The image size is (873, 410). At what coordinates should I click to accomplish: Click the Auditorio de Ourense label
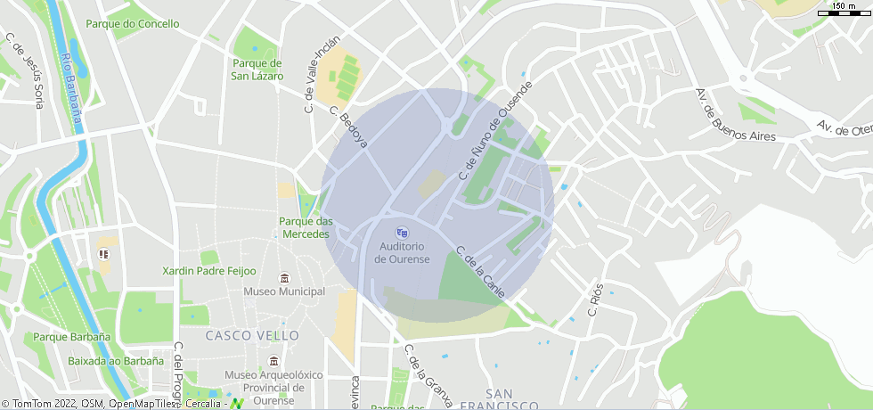402,252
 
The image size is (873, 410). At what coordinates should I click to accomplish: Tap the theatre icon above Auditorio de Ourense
402,233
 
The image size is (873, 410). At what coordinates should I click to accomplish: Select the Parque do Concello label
132,24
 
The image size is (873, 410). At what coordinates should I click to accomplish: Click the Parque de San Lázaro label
257,70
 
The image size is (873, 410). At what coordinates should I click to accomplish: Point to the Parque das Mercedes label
306,227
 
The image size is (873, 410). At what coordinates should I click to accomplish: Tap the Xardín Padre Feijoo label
208,271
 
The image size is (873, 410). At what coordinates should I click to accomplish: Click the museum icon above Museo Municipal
284,278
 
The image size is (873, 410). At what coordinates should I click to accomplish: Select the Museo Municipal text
284,291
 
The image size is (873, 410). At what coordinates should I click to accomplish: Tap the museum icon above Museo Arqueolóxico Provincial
273,362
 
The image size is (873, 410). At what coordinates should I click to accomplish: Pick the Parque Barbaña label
71,337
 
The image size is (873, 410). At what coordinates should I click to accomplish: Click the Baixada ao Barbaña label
116,361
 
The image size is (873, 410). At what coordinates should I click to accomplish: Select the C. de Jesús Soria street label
25,70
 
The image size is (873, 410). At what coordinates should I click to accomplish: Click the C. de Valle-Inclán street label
311,79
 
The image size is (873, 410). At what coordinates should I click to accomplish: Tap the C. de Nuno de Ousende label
494,131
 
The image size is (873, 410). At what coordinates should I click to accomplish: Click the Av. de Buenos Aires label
735,117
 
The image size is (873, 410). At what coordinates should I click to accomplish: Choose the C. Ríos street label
595,300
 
